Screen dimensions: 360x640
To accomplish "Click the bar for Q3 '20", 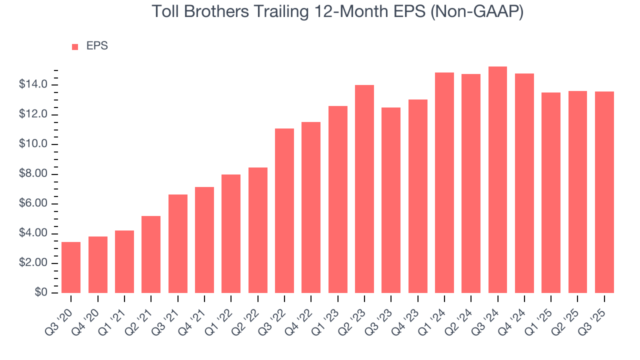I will [x=71, y=267].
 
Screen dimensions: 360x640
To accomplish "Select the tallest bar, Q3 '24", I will [x=497, y=180].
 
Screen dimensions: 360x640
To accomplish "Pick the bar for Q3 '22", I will [x=284, y=210].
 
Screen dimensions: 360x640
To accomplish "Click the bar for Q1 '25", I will [x=551, y=192].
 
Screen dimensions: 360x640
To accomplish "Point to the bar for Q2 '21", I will [x=151, y=254].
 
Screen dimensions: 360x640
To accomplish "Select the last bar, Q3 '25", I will [x=604, y=192].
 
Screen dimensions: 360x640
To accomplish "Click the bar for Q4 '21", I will [x=204, y=240].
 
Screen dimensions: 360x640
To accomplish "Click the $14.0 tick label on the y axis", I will [x=33, y=85].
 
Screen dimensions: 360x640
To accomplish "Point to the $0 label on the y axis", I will [x=41, y=293].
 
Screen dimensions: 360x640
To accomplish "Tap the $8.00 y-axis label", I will [x=33, y=174].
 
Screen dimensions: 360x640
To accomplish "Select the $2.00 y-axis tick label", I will [x=33, y=263].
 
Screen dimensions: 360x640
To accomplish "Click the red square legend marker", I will [x=75, y=46].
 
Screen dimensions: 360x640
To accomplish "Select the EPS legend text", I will [x=97, y=46].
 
